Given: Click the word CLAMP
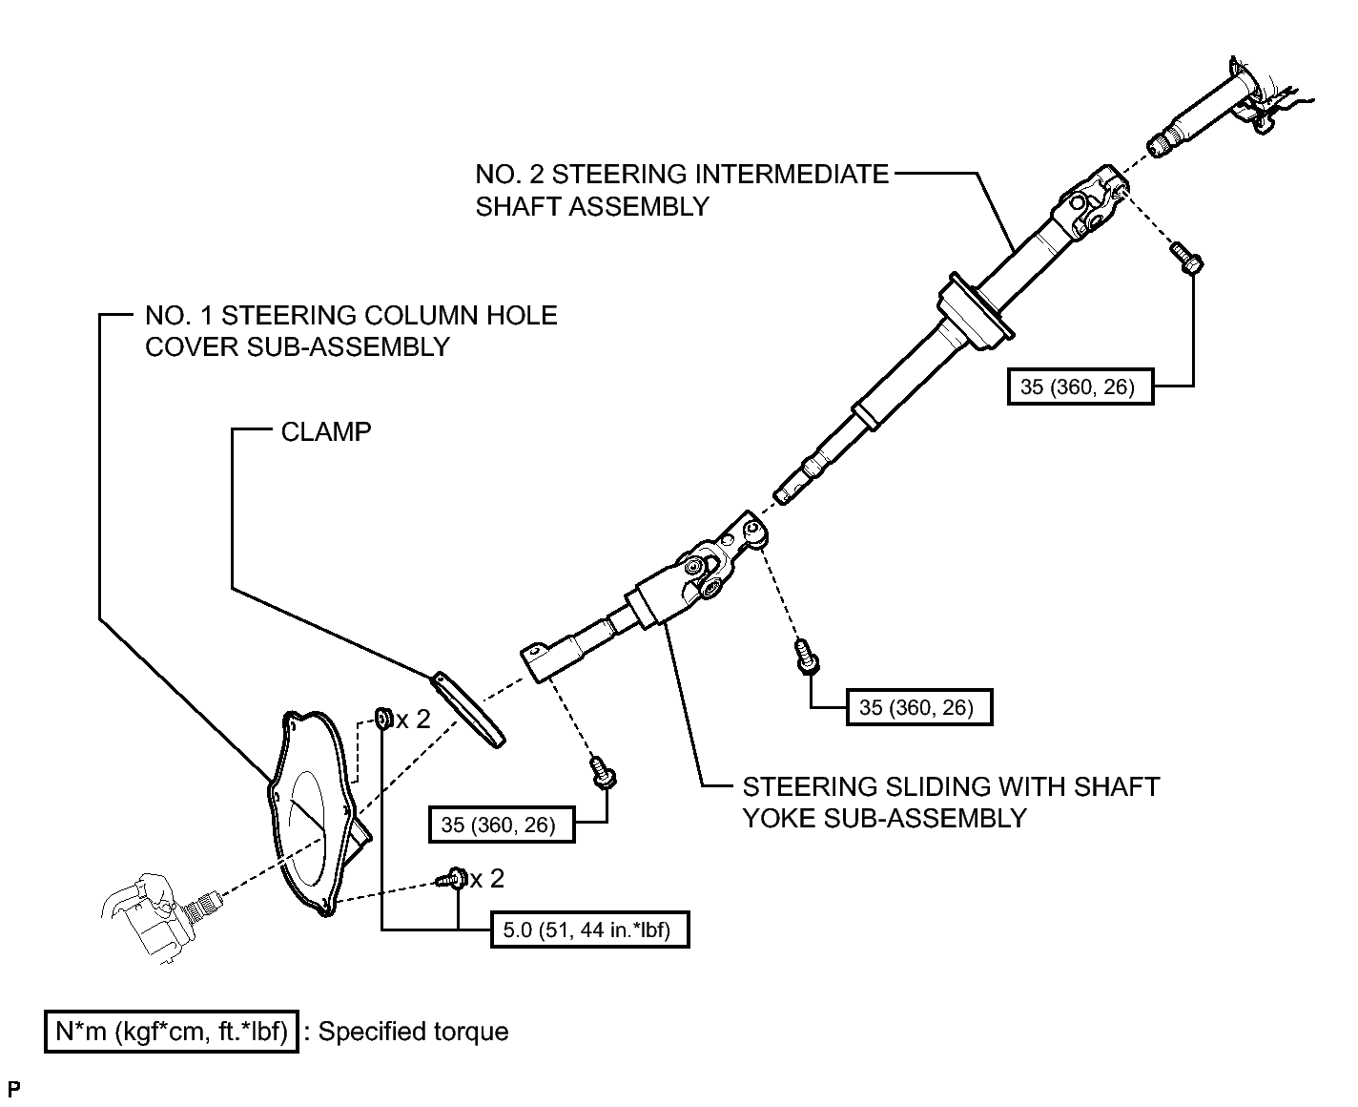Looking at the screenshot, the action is click(x=326, y=432).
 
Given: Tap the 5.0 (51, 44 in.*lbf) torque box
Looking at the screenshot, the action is click(x=589, y=929).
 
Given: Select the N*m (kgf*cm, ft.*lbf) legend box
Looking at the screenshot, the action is click(x=172, y=1031).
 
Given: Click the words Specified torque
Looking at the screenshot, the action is click(x=413, y=1032).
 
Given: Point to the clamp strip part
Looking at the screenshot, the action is click(x=467, y=709).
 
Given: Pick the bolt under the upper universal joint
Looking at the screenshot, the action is click(x=1187, y=258).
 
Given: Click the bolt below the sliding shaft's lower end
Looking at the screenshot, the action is click(x=603, y=772).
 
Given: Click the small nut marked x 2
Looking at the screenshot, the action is click(x=382, y=718).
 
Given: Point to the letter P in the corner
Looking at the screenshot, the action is click(x=14, y=1088).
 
